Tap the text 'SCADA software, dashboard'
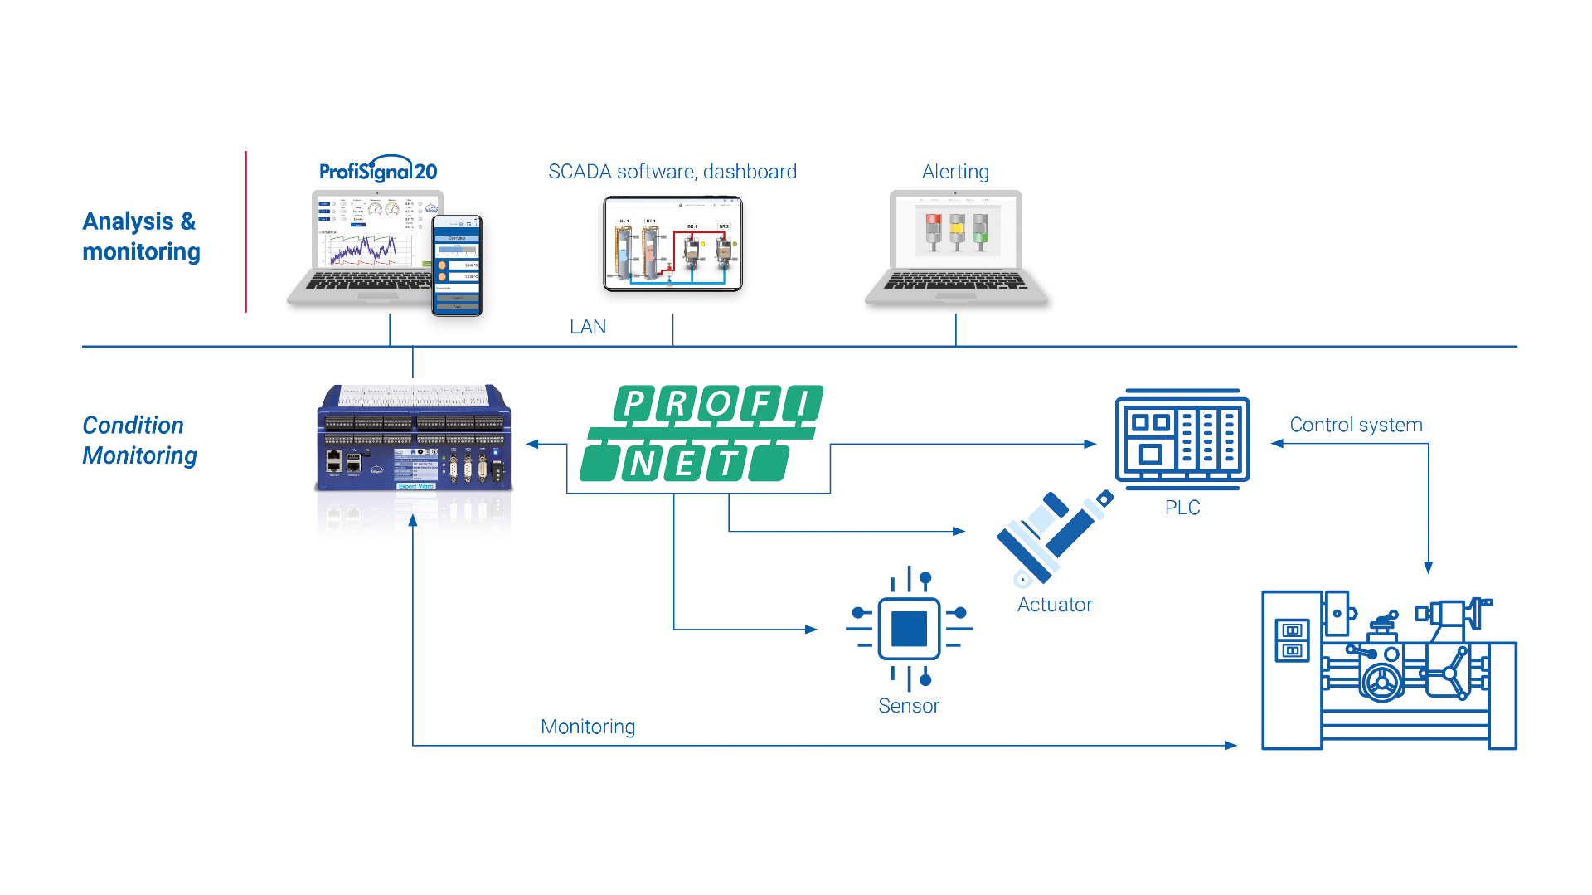coord(672,172)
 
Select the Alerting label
coord(955,172)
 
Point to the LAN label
coord(588,327)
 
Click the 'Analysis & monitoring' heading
coord(141,236)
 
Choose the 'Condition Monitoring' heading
coord(139,440)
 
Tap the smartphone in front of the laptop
coord(457,265)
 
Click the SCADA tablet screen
coord(672,244)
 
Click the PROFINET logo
coord(703,433)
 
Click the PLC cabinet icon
coord(1182,438)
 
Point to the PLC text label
coord(1182,508)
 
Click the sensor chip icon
coord(909,628)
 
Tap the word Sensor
coord(909,706)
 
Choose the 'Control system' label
coord(1356,425)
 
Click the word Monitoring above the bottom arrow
coord(588,727)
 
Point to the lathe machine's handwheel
coord(1381,682)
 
